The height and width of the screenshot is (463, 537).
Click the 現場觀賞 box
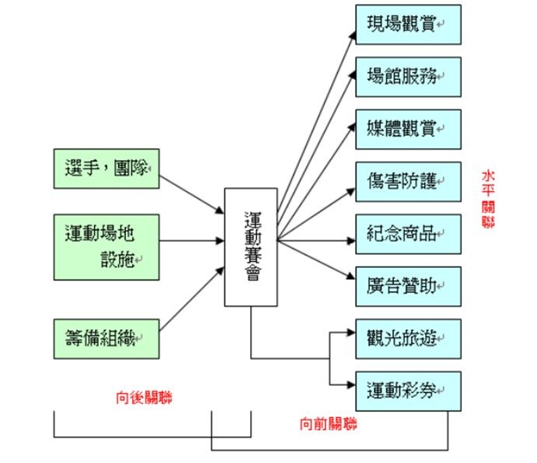[x=408, y=24]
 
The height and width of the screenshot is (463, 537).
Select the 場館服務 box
[x=408, y=76]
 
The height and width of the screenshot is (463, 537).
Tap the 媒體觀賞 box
[x=408, y=129]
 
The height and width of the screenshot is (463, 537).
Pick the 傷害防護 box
[x=408, y=182]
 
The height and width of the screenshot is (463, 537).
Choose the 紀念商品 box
[x=408, y=234]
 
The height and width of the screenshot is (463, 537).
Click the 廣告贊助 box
[x=408, y=286]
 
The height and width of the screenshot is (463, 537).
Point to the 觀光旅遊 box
[x=408, y=339]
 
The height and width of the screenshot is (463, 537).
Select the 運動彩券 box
[x=408, y=392]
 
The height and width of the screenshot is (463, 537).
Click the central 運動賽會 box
[x=251, y=247]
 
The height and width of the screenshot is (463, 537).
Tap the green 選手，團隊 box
[x=106, y=169]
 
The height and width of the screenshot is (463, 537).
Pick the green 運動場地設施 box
[x=106, y=247]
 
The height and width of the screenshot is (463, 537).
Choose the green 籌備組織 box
[x=106, y=338]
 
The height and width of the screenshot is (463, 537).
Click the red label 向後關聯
[x=144, y=398]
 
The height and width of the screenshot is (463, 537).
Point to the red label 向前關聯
[x=329, y=424]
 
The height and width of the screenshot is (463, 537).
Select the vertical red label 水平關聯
[x=488, y=200]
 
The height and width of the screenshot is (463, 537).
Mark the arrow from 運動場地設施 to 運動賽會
[x=192, y=240]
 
